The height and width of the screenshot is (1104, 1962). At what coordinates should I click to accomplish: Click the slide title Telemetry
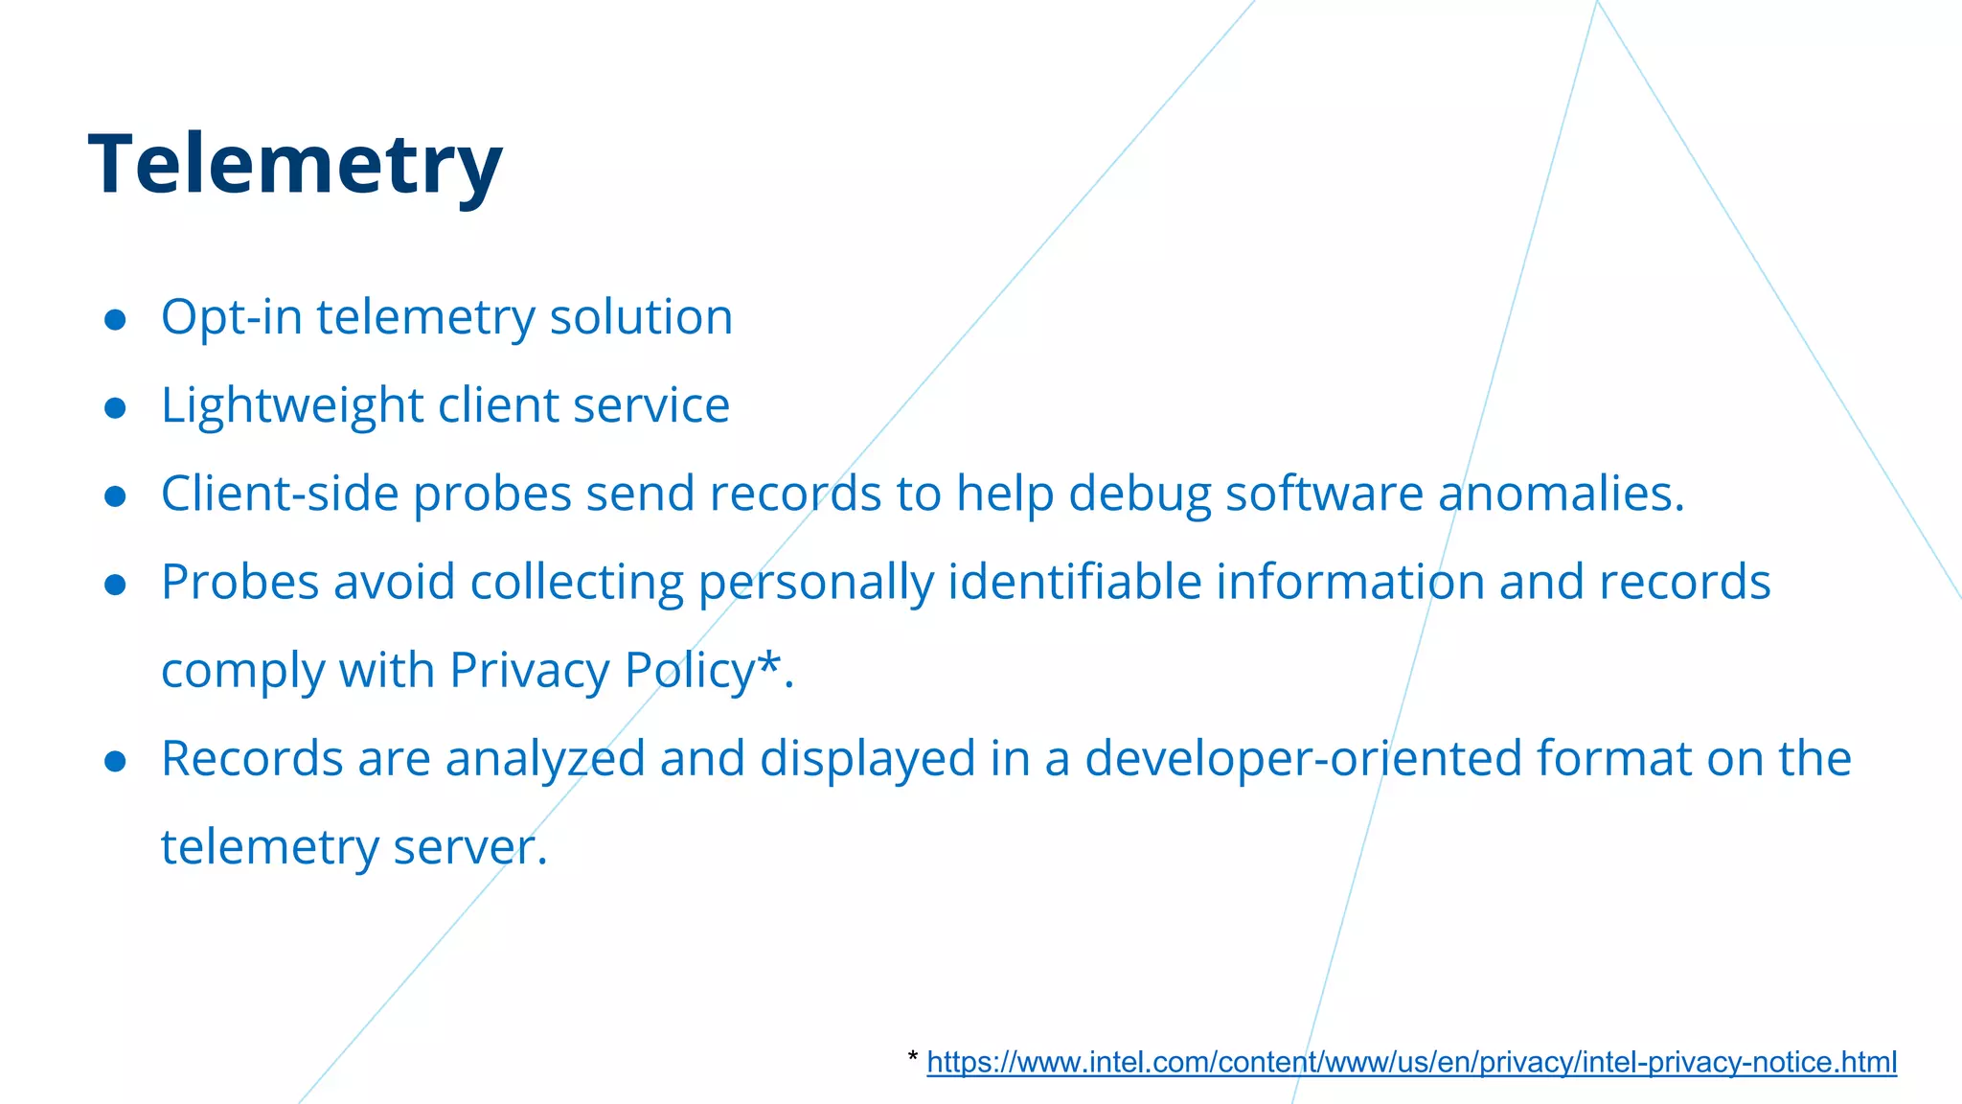(295, 165)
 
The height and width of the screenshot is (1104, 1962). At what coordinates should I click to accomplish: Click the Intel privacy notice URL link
(1411, 1062)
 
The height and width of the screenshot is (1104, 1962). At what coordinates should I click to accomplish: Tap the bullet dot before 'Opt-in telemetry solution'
(115, 320)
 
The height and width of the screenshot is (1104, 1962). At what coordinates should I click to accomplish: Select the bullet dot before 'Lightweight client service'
(115, 408)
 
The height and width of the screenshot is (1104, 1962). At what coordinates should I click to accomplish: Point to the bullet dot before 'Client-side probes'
(115, 496)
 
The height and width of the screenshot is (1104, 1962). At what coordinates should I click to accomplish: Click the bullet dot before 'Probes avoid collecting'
(115, 585)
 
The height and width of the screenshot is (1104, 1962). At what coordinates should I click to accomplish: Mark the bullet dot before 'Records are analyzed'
(115, 761)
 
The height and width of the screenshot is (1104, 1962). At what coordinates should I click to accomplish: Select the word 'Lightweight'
(292, 406)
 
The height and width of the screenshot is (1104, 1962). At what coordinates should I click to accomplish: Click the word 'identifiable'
(1074, 583)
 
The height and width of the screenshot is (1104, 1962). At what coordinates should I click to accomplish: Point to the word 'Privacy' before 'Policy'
(529, 671)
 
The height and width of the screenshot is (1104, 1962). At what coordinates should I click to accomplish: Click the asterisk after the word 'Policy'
(768, 661)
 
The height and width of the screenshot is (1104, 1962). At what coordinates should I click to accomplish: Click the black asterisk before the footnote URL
(912, 1058)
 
